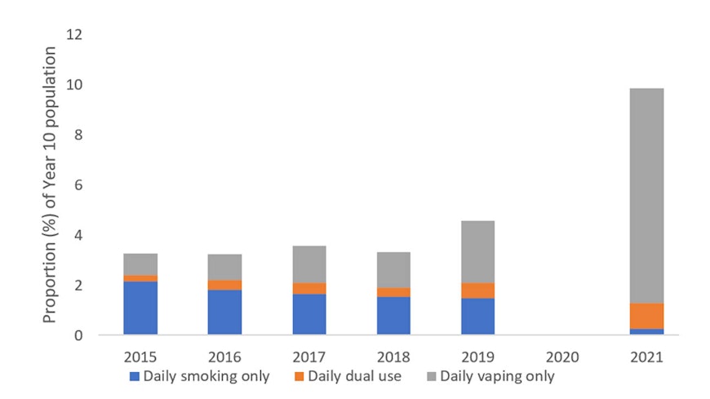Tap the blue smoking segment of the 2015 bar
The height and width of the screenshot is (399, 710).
(x=140, y=308)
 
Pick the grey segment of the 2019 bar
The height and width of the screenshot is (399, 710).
(x=477, y=251)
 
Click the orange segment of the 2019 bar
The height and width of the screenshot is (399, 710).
(x=477, y=290)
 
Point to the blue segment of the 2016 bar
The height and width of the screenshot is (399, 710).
(x=224, y=312)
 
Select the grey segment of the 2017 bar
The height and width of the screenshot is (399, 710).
(x=309, y=264)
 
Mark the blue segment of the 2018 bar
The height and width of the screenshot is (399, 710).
(x=393, y=315)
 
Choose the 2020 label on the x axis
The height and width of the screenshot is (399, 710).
(x=562, y=357)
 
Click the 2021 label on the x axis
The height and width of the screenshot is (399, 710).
(x=646, y=357)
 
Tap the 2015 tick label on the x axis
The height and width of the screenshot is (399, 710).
(x=140, y=357)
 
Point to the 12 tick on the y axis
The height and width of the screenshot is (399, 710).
(x=79, y=35)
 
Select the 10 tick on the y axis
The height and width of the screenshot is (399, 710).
(x=79, y=85)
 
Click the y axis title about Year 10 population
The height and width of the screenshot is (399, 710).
(x=51, y=185)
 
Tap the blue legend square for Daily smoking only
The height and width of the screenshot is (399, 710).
(x=135, y=377)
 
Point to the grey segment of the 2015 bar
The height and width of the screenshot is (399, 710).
(x=140, y=264)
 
